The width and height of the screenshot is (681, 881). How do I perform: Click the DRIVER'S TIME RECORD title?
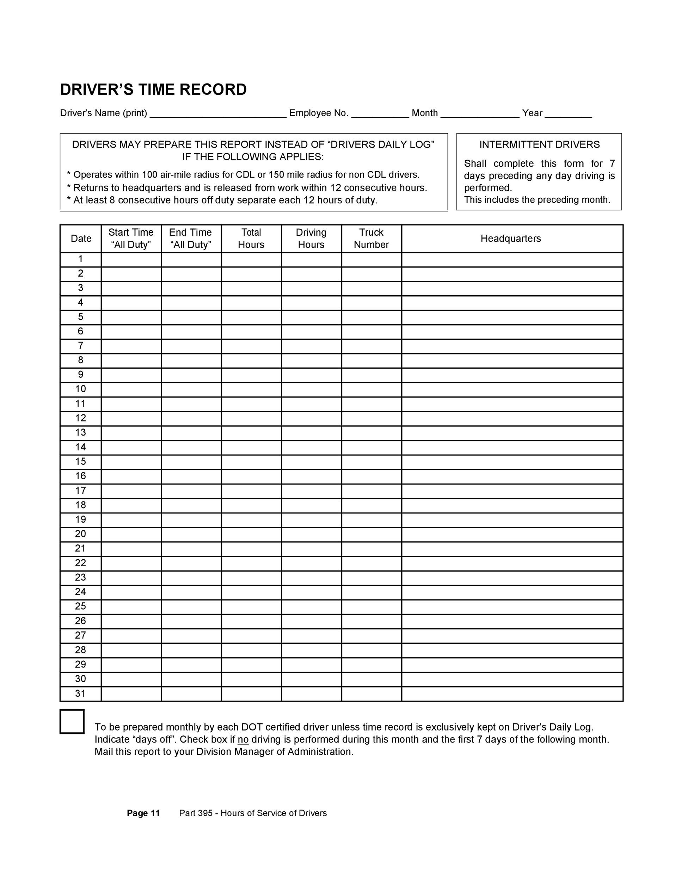click(x=153, y=90)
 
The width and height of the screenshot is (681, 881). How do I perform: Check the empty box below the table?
click(x=72, y=722)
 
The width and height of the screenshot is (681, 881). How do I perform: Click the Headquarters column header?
click(x=510, y=239)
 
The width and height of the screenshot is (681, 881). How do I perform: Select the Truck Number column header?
click(x=371, y=239)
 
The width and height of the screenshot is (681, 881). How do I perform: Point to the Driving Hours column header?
click(x=311, y=239)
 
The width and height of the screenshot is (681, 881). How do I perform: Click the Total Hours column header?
click(x=251, y=239)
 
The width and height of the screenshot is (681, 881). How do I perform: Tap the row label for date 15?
click(x=81, y=462)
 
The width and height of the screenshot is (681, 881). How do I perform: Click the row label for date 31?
click(x=81, y=694)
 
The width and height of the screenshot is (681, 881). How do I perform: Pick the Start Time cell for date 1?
click(x=131, y=259)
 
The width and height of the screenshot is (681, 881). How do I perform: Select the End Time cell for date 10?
click(x=191, y=389)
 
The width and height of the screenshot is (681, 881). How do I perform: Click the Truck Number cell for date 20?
click(x=371, y=534)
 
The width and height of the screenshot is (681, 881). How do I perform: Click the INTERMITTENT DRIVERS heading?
click(x=539, y=144)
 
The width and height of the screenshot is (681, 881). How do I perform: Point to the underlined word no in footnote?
click(x=243, y=739)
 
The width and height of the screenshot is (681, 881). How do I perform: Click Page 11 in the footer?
click(x=143, y=813)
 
